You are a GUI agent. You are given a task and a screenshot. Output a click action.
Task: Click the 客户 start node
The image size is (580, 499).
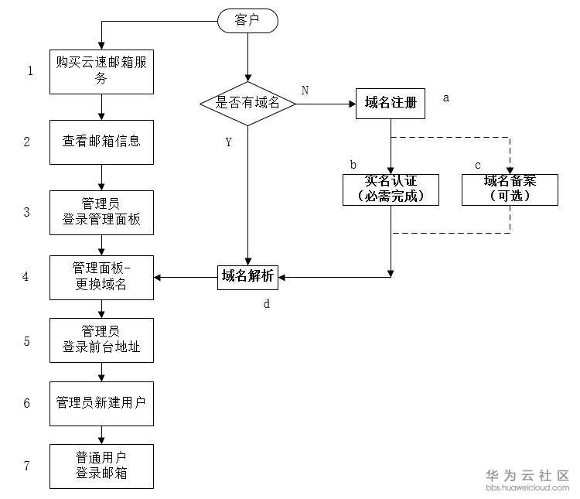tap(247, 21)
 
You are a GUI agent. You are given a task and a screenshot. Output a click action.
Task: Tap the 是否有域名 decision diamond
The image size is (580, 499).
tap(247, 103)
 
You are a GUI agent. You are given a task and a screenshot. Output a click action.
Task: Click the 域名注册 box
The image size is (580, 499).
tap(391, 103)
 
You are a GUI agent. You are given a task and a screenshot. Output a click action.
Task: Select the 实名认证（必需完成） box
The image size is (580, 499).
tap(391, 190)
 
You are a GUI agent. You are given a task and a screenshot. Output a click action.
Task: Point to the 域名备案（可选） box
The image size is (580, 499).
tap(510, 190)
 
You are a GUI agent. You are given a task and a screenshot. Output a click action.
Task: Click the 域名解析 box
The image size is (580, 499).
tap(247, 276)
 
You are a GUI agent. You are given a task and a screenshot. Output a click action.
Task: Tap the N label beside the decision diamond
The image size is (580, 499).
tap(305, 90)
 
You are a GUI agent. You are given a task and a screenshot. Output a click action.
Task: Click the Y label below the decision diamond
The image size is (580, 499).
tap(228, 142)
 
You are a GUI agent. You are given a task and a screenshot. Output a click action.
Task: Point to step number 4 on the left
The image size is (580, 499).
tap(26, 275)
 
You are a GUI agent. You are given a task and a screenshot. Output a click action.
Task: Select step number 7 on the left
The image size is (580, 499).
tap(26, 465)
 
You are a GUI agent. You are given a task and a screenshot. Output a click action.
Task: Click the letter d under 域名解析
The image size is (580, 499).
tap(267, 304)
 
